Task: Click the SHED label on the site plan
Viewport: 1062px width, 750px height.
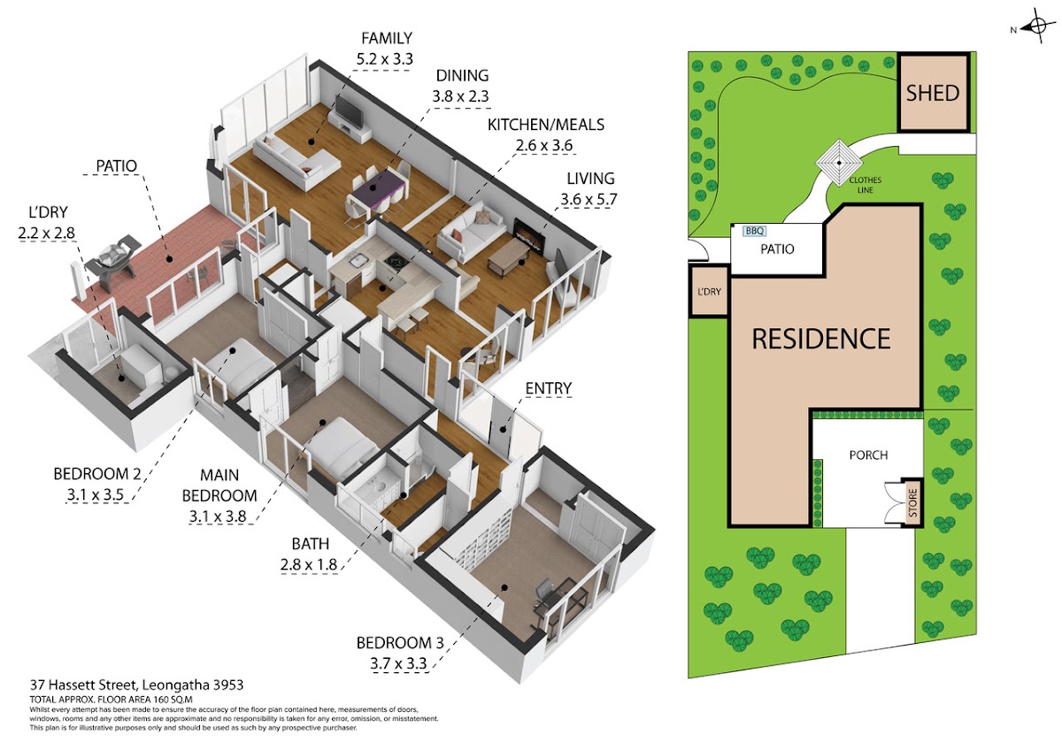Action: click(933, 94)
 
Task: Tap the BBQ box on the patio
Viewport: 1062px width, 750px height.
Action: click(754, 231)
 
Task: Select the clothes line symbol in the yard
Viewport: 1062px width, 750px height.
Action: click(839, 163)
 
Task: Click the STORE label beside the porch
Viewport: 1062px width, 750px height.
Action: click(913, 502)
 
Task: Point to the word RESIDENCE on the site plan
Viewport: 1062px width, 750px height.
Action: click(821, 339)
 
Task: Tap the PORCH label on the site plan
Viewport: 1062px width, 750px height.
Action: click(868, 455)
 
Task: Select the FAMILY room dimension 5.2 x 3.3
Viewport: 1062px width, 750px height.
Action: click(384, 59)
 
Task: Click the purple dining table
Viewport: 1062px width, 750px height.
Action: click(378, 187)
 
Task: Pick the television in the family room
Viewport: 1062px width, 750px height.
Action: click(349, 112)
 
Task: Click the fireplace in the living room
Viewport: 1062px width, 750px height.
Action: click(528, 235)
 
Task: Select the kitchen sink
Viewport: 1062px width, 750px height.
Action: click(358, 260)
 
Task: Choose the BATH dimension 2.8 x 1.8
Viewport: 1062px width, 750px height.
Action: click(309, 565)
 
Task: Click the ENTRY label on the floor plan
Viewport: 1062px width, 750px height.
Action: click(548, 388)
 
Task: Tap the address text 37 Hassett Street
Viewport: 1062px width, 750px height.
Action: click(84, 685)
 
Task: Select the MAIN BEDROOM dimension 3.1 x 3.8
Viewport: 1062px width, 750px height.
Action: click(218, 516)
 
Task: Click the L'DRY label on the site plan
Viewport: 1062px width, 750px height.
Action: click(709, 292)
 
